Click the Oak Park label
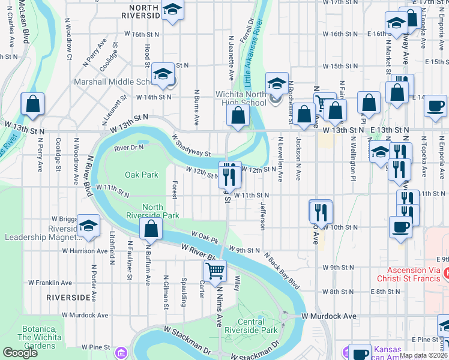tap(141, 175)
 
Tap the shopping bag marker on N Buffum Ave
tap(151, 228)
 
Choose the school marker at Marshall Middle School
tap(162, 74)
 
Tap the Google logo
tap(20, 353)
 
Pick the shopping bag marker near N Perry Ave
tap(32, 104)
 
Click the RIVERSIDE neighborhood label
tap(69, 297)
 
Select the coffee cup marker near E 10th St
tap(401, 227)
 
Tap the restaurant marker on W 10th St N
tap(321, 212)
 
